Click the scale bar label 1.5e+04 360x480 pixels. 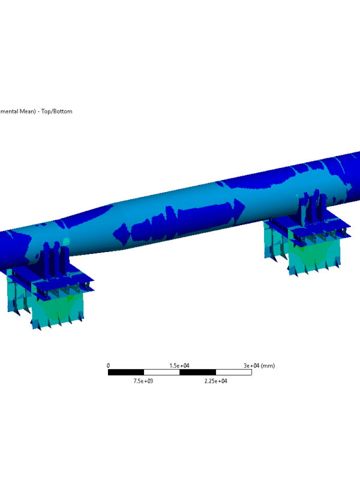click(179, 365)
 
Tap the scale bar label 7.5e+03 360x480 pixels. click(143, 381)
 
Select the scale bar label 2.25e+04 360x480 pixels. click(216, 381)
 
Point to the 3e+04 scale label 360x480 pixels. click(251, 365)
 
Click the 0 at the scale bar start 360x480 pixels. click(108, 365)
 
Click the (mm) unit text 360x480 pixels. click(268, 365)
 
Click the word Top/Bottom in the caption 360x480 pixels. click(56, 112)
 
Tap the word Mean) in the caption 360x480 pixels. click(28, 112)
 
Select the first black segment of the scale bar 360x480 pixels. click(126, 372)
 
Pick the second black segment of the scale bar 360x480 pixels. click(198, 372)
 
